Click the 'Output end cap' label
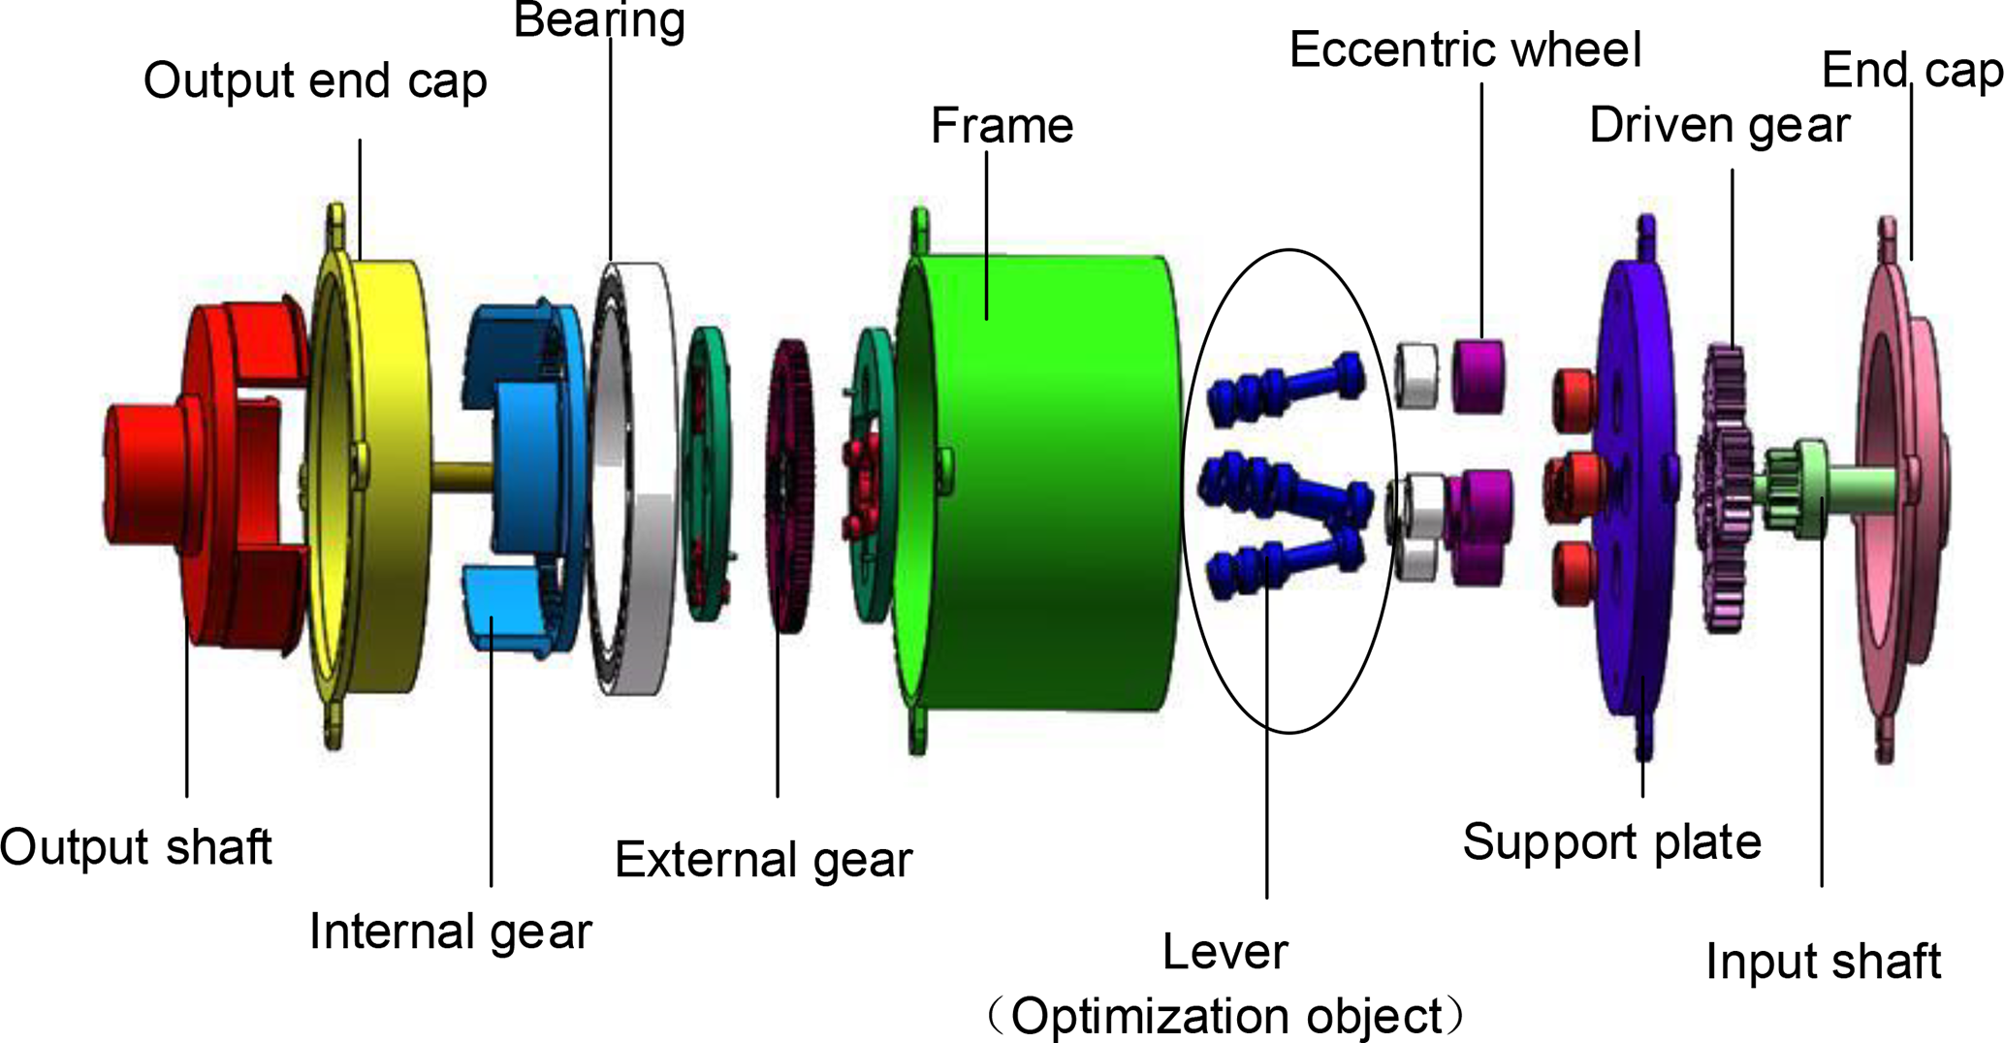[x=315, y=81]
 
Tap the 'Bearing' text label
[x=599, y=21]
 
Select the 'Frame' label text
[x=1002, y=126]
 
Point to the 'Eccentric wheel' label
[x=1465, y=50]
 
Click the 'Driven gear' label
[x=1719, y=126]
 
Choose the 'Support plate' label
[x=1611, y=841]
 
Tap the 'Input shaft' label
[x=1823, y=962]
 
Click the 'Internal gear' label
[x=450, y=932]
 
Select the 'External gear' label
[x=763, y=860]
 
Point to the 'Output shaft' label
[x=136, y=847]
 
